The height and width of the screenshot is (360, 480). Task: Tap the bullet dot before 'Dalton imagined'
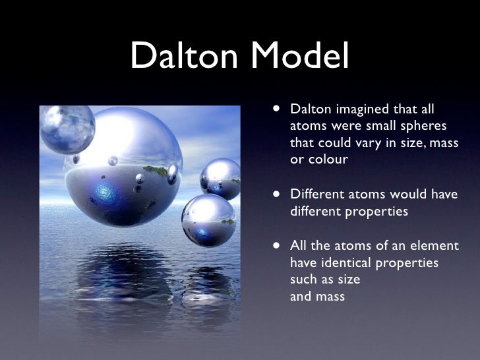click(x=274, y=108)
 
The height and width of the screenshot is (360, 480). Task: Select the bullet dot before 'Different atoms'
click(x=274, y=195)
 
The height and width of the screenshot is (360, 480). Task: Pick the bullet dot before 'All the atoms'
click(x=274, y=246)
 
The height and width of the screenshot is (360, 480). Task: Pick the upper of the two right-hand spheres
click(x=220, y=177)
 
